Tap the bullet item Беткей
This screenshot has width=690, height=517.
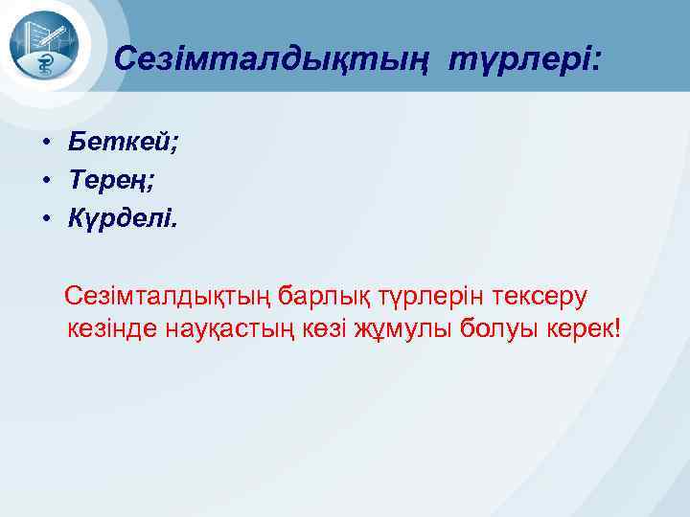click(121, 143)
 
